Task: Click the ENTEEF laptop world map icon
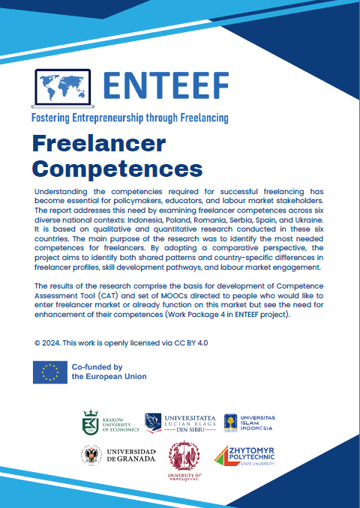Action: coord(64,88)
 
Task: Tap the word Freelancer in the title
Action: coord(99,142)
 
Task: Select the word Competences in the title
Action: coord(118,164)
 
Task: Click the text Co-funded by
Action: coord(97,367)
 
